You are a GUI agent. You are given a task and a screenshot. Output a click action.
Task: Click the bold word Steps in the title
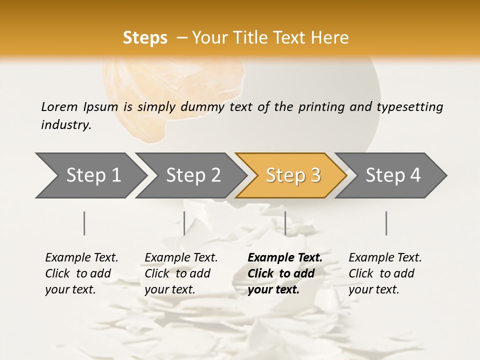pos(145,38)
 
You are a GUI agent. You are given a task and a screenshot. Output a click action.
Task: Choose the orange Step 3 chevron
pos(293,175)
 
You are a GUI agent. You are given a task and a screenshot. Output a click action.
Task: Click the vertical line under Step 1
pos(84,223)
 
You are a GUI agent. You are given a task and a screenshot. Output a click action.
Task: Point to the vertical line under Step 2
pos(184,223)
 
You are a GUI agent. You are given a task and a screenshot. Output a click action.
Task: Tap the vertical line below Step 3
pos(285,223)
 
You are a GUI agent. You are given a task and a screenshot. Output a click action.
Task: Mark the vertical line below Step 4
pos(386,223)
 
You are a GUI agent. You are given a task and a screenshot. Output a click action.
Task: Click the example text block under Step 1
pos(81,273)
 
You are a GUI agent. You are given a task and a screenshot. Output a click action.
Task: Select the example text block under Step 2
pos(181,273)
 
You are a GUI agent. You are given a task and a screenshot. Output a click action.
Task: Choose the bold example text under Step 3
pos(285,273)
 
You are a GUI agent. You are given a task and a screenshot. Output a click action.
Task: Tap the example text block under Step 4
pos(385,273)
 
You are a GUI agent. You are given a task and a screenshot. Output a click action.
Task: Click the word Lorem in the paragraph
pos(59,107)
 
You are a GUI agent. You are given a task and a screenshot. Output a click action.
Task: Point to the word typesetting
pos(409,107)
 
